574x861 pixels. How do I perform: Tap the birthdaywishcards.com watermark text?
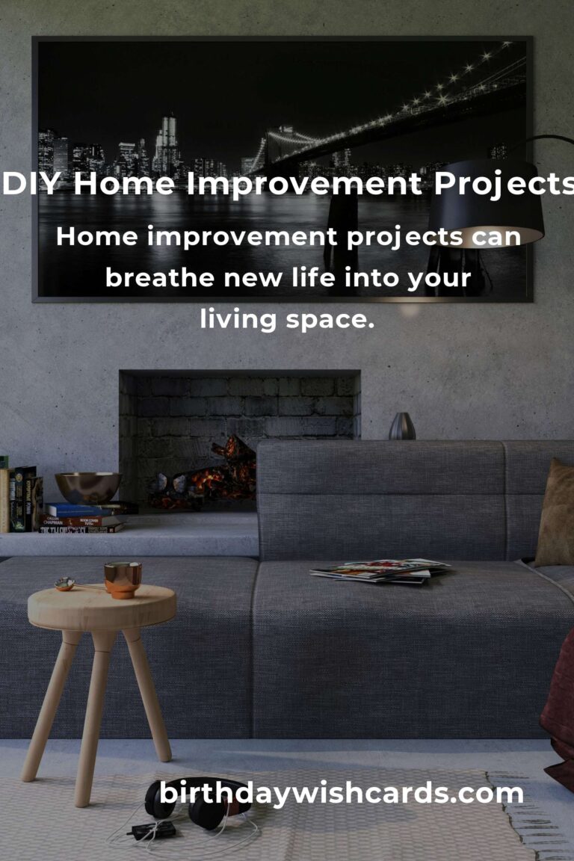pyautogui.click(x=341, y=793)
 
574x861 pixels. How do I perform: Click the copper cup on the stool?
pyautogui.click(x=123, y=578)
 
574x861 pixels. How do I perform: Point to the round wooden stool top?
pyautogui.click(x=102, y=606)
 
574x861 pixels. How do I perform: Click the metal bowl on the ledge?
pyautogui.click(x=88, y=487)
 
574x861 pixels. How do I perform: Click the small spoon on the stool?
pyautogui.click(x=67, y=584)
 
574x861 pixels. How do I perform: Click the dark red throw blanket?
pyautogui.click(x=560, y=710)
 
